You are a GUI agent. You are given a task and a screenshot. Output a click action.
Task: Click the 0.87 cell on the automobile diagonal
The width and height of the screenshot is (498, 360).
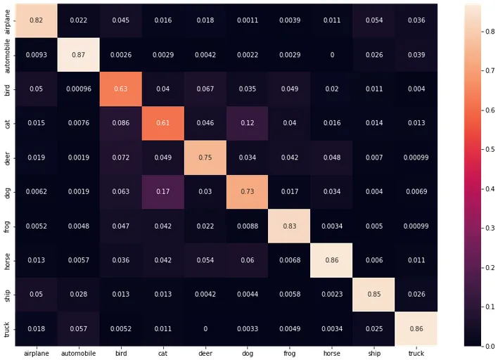pos(77,54)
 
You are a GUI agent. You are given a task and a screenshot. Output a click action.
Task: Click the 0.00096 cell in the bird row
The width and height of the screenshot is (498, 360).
pos(77,89)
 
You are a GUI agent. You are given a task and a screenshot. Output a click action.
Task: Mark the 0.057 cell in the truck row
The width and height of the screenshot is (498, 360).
pos(77,328)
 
